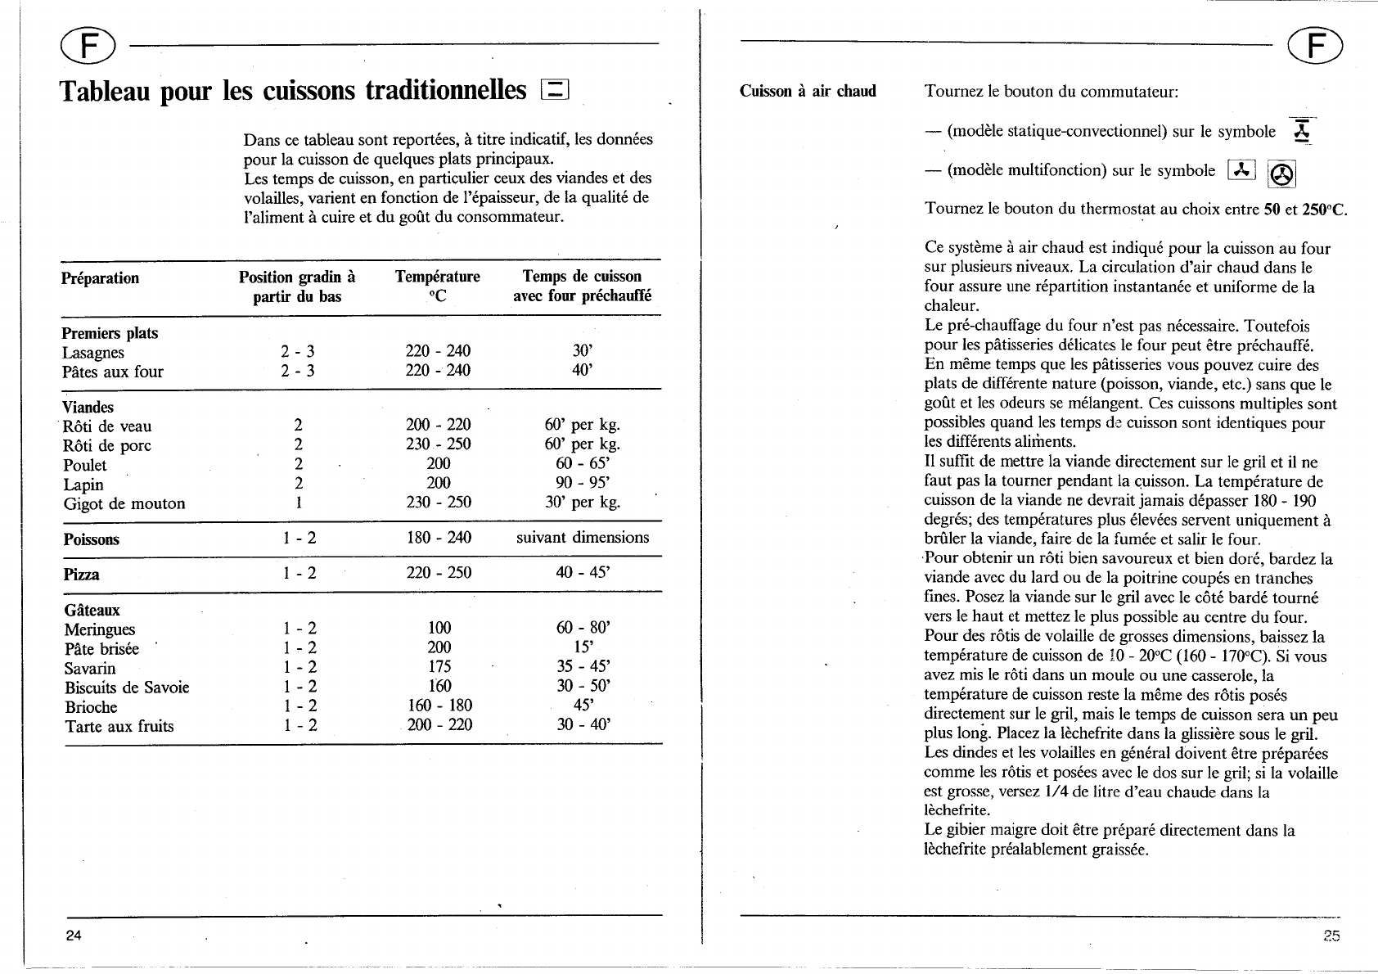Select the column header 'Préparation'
pyautogui.click(x=101, y=278)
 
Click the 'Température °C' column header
pyautogui.click(x=438, y=286)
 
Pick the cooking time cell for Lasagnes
pyautogui.click(x=583, y=351)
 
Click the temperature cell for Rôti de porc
pyautogui.click(x=439, y=444)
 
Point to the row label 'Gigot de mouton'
pyautogui.click(x=124, y=504)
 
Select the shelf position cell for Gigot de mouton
pyautogui.click(x=299, y=503)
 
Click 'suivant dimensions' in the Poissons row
pyautogui.click(x=583, y=538)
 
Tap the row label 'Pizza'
pyautogui.click(x=82, y=575)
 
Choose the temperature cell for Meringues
pyautogui.click(x=439, y=628)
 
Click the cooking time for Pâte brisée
pyautogui.click(x=583, y=647)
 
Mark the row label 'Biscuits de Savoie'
pyautogui.click(x=127, y=688)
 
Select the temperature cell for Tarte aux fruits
pyautogui.click(x=439, y=724)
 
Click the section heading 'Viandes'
pyautogui.click(x=88, y=407)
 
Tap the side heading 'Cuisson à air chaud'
pyautogui.click(x=808, y=91)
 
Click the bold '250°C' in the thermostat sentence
pyautogui.click(x=1324, y=209)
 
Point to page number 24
pyautogui.click(x=74, y=936)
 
